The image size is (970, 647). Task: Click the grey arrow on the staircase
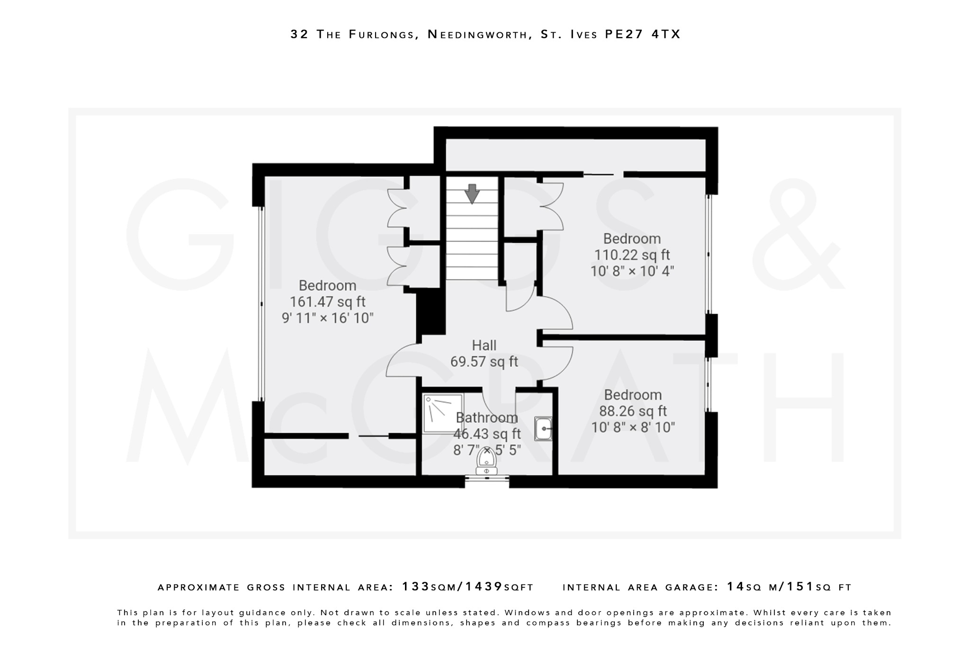click(x=472, y=193)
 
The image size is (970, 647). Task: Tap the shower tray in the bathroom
click(x=443, y=413)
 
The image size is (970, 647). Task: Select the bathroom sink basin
click(x=543, y=429)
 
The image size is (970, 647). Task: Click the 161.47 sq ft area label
click(x=327, y=302)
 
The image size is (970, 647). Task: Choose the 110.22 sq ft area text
click(x=632, y=255)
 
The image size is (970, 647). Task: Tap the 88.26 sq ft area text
click(x=633, y=411)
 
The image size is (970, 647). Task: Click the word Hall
click(x=484, y=345)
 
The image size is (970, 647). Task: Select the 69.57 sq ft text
click(x=484, y=362)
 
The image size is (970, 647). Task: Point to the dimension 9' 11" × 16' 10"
click(x=327, y=318)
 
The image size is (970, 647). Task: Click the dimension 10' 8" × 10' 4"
click(x=632, y=271)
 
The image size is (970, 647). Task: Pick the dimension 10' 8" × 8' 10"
click(x=633, y=427)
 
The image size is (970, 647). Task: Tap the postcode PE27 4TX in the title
click(x=643, y=34)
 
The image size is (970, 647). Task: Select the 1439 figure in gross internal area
click(x=484, y=587)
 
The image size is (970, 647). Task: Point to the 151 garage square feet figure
click(x=800, y=587)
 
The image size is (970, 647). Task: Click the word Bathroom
click(x=486, y=418)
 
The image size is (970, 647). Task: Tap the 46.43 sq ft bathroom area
click(x=486, y=434)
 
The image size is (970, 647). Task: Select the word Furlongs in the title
click(x=382, y=35)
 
